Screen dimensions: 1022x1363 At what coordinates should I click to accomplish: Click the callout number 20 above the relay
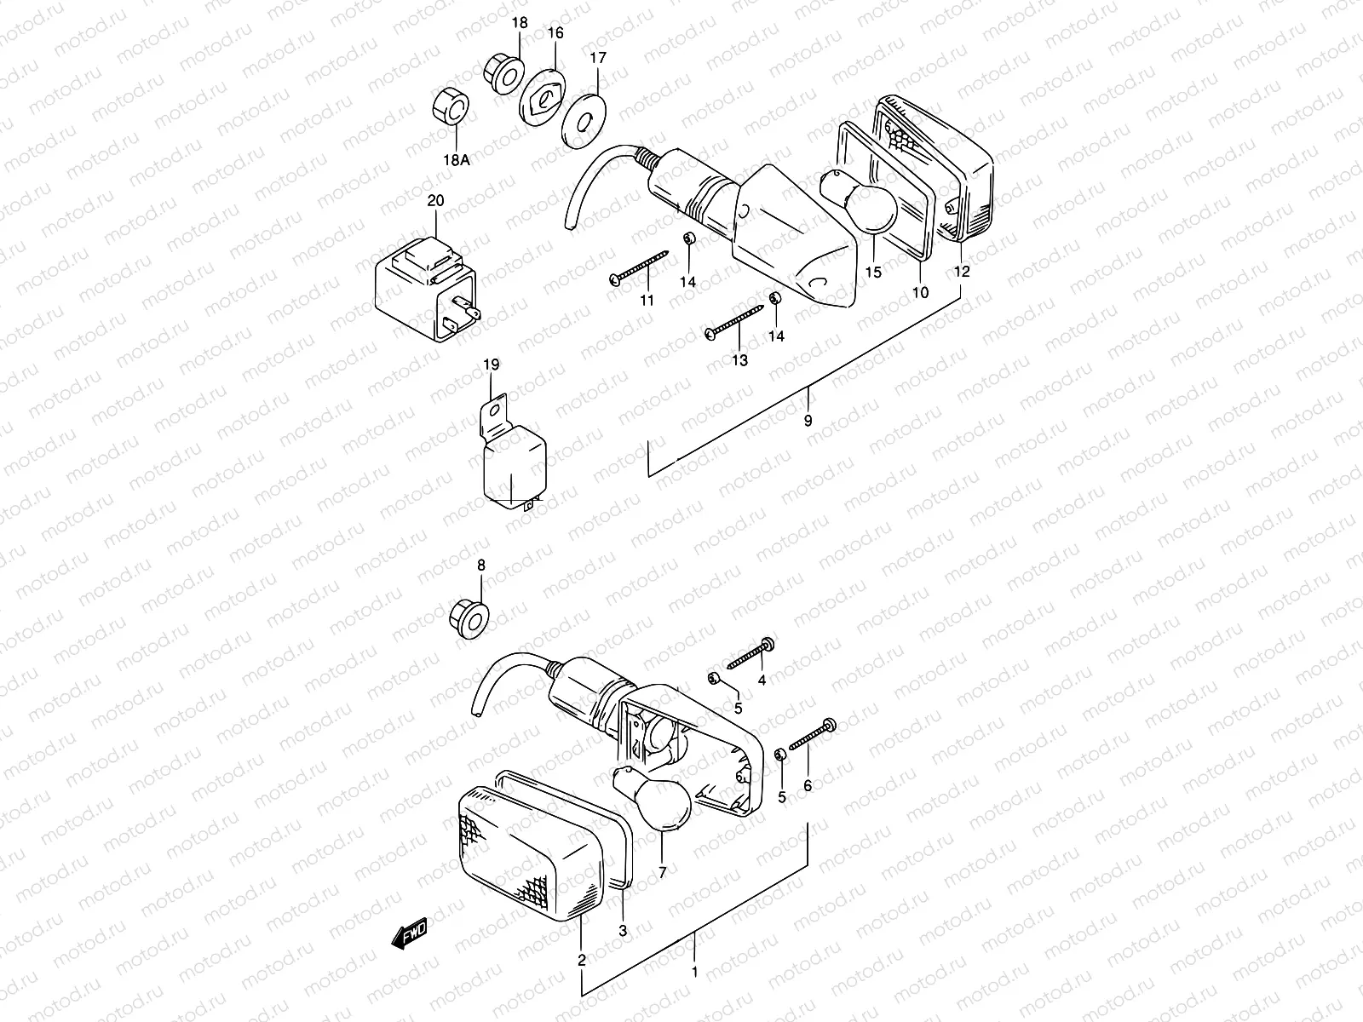tap(435, 201)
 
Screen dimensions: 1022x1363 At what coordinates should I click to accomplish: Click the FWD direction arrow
tap(409, 933)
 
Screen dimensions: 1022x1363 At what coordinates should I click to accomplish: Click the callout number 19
tap(491, 365)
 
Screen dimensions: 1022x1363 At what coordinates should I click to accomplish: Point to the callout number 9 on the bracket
tap(808, 421)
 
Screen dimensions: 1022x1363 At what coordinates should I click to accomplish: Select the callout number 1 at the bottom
tap(694, 971)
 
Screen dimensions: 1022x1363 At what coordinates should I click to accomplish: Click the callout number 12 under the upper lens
tap(961, 273)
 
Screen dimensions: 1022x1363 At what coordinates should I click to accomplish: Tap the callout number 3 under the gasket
tap(623, 931)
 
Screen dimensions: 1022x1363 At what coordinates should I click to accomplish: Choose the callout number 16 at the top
tap(555, 33)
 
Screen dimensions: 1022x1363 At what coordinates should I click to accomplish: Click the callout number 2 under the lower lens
tap(582, 961)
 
